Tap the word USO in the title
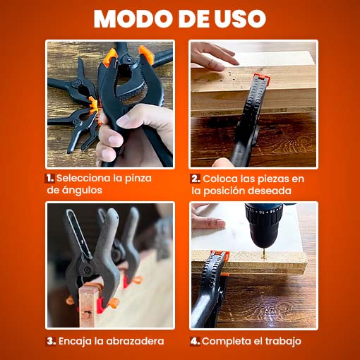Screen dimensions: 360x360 pos(241,19)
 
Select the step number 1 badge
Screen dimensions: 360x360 pos(50,178)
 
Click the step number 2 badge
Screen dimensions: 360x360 pos(196,179)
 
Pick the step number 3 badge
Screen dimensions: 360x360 pos(51,341)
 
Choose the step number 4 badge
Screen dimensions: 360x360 pos(196,341)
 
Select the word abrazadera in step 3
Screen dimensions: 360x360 pos(135,341)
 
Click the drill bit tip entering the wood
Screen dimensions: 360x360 pos(265,256)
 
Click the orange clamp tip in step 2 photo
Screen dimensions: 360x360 pos(260,77)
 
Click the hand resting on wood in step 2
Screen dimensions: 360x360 pos(212,56)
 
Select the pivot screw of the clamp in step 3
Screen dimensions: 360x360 pos(88,269)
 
